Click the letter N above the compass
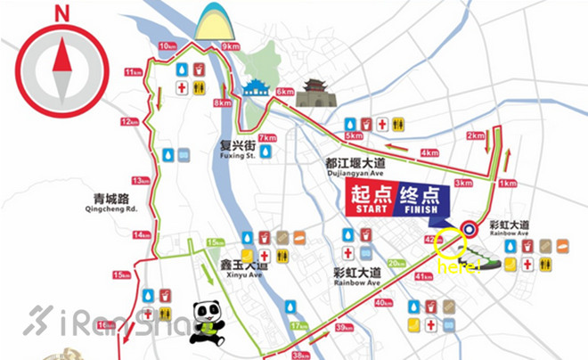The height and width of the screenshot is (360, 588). coord(61,13)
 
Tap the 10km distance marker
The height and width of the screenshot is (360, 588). coord(166,45)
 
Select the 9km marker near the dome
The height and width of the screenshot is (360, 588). coord(232,45)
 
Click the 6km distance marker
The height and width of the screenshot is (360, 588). coord(285,92)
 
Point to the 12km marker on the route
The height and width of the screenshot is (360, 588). coord(132,121)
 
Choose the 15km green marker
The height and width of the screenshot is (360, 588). coord(215,242)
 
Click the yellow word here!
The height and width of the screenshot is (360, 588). coord(456,266)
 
